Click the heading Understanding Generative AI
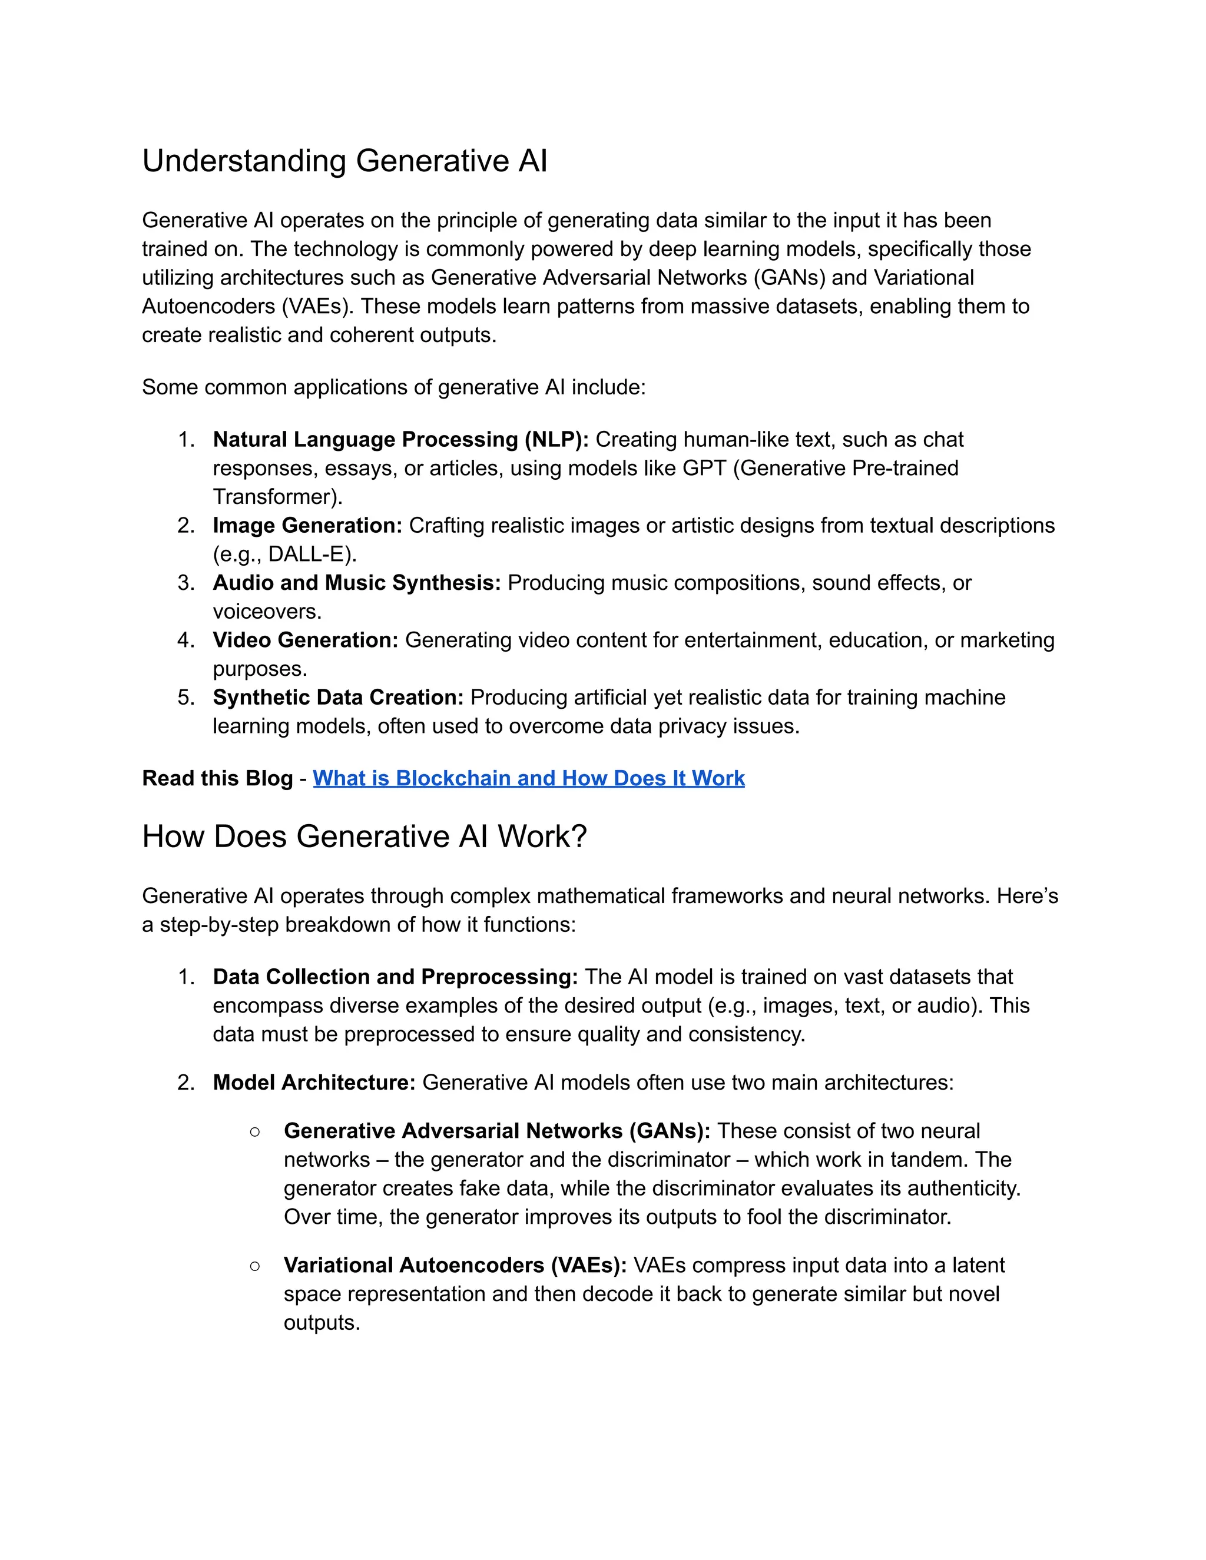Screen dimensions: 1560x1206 pos(344,161)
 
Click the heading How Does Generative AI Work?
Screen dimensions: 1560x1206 pos(364,837)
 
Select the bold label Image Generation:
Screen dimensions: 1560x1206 pos(307,525)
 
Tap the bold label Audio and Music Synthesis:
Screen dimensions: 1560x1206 pos(356,583)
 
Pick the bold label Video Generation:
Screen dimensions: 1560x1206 pos(305,640)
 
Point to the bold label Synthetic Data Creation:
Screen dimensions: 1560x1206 pos(338,697)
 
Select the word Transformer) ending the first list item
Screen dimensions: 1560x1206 pos(277,497)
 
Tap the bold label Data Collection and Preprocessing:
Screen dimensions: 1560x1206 pos(395,977)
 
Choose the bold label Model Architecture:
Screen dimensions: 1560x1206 pos(314,1082)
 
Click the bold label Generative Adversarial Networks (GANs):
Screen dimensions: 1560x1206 pos(496,1131)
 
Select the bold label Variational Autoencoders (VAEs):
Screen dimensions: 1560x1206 pos(455,1265)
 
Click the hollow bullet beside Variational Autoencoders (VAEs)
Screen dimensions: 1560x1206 pos(255,1266)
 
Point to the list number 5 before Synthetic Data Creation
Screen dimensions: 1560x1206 pos(185,697)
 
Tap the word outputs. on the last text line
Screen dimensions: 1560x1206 pos(322,1323)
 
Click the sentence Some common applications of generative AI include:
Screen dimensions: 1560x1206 pos(394,387)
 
